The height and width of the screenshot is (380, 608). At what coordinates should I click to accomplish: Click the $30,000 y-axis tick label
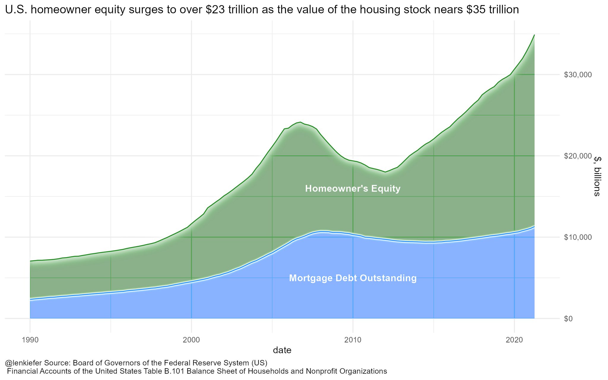577,75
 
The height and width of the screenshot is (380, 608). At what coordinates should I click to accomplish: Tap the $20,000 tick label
577,156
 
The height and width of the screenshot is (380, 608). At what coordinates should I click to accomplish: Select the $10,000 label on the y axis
577,237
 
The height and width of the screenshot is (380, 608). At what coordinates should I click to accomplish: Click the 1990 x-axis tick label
30,340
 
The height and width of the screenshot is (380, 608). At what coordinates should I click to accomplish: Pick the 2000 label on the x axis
191,340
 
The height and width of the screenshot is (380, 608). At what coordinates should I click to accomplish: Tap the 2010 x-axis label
353,340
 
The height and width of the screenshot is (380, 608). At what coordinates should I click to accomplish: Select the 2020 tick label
514,340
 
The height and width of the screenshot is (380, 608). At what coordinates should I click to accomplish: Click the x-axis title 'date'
282,351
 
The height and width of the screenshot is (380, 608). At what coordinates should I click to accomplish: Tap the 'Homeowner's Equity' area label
353,189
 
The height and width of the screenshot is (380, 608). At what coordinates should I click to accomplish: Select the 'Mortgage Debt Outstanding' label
353,278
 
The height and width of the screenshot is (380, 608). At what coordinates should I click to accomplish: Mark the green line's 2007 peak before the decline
300,122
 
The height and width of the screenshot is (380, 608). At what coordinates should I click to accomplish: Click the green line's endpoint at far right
534,35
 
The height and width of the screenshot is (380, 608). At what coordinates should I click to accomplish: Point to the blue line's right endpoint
534,227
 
